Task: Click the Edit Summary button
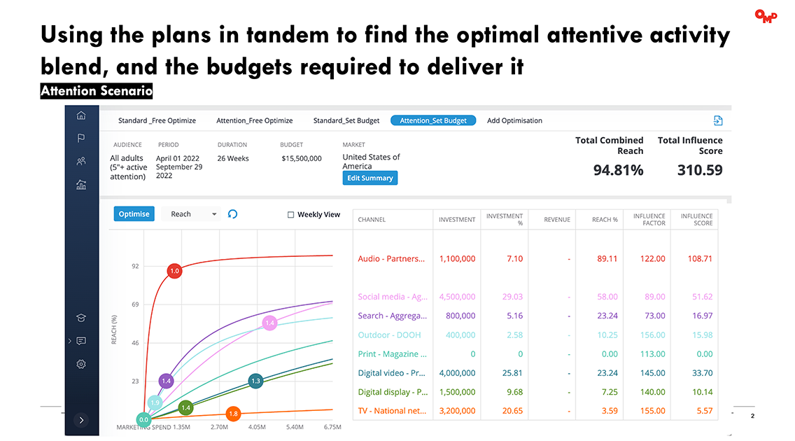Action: (x=370, y=178)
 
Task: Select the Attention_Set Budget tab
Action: (x=433, y=120)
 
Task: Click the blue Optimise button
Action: (x=134, y=214)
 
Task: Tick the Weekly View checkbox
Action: (x=291, y=215)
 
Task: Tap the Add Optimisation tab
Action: (x=514, y=120)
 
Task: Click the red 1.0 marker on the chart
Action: (x=174, y=271)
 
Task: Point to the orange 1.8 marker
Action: (x=233, y=414)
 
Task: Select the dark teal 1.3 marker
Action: (x=255, y=381)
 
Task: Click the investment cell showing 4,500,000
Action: (x=457, y=297)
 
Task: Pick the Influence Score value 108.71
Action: (x=699, y=258)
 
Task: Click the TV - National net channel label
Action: (x=392, y=411)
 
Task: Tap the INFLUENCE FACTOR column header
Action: (x=649, y=220)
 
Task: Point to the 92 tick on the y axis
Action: (x=134, y=267)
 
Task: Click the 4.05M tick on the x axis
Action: (x=257, y=426)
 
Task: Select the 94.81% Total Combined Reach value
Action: (x=618, y=170)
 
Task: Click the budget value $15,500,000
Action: (x=302, y=158)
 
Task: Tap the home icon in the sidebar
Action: (x=81, y=115)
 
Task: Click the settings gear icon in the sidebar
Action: (x=81, y=364)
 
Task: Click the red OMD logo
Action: (x=766, y=16)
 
